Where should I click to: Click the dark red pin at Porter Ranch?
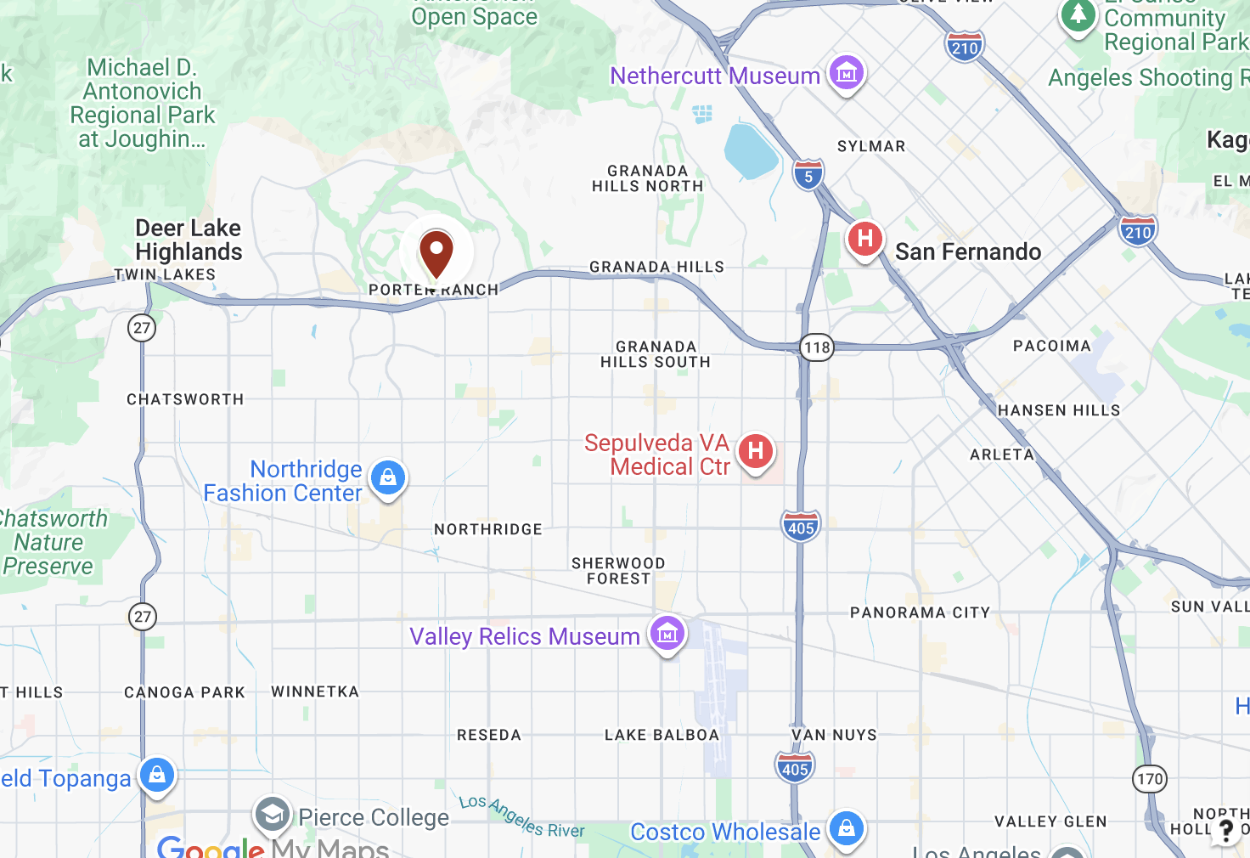pyautogui.click(x=436, y=253)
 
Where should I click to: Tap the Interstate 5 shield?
pyautogui.click(x=808, y=175)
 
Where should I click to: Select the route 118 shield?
pyautogui.click(x=817, y=347)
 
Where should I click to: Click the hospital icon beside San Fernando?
pyautogui.click(x=864, y=239)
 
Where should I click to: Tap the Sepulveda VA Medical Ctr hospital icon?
pyautogui.click(x=755, y=451)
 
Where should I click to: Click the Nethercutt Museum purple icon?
pyautogui.click(x=846, y=74)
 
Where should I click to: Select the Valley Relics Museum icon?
pyautogui.click(x=667, y=634)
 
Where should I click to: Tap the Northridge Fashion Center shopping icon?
pyautogui.click(x=388, y=477)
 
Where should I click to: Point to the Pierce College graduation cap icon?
pyautogui.click(x=273, y=815)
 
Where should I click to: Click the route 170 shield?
pyautogui.click(x=1150, y=778)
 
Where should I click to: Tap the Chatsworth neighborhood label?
pyautogui.click(x=185, y=399)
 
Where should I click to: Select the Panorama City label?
pyautogui.click(x=920, y=612)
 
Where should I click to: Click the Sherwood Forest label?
pyautogui.click(x=618, y=571)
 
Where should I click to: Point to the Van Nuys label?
pyautogui.click(x=834, y=735)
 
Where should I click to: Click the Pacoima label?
pyautogui.click(x=1051, y=346)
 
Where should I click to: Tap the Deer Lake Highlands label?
pyautogui.click(x=189, y=240)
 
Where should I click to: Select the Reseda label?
pyautogui.click(x=489, y=735)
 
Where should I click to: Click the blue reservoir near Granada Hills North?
pyautogui.click(x=750, y=151)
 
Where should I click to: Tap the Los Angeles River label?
pyautogui.click(x=521, y=816)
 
